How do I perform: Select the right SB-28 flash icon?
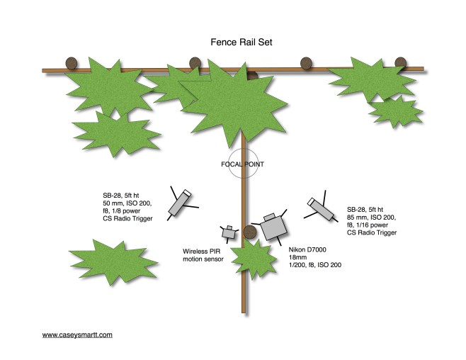click(321, 208)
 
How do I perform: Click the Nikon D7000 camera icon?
click(272, 227)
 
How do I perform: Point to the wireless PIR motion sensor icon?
click(229, 232)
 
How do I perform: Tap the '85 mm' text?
click(359, 218)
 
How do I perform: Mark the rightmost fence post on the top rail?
click(402, 62)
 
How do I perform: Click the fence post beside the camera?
click(249, 232)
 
